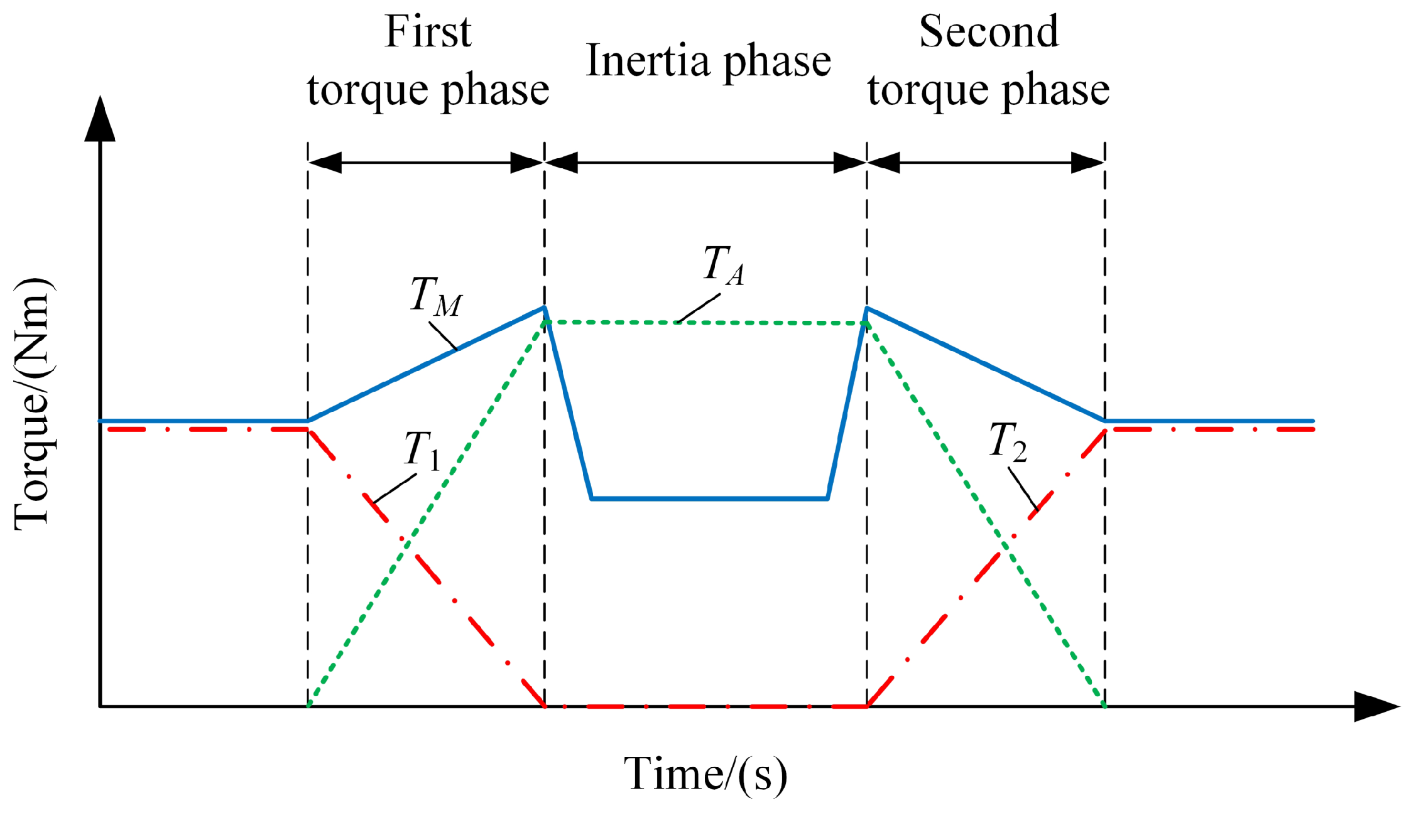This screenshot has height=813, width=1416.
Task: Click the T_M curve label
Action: click(436, 296)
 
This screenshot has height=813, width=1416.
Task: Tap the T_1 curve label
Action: click(422, 450)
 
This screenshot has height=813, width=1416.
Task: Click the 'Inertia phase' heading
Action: click(708, 62)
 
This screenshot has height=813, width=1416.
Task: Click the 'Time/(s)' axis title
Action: click(705, 773)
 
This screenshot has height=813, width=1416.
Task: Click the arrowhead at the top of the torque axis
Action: click(100, 119)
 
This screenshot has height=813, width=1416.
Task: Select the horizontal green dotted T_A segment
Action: click(773, 323)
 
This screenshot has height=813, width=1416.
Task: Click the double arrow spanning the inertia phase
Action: click(705, 163)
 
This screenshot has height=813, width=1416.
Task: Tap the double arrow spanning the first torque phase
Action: click(426, 163)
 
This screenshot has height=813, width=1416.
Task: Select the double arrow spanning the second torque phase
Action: click(986, 163)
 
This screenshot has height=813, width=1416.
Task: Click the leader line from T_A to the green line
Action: click(699, 308)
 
